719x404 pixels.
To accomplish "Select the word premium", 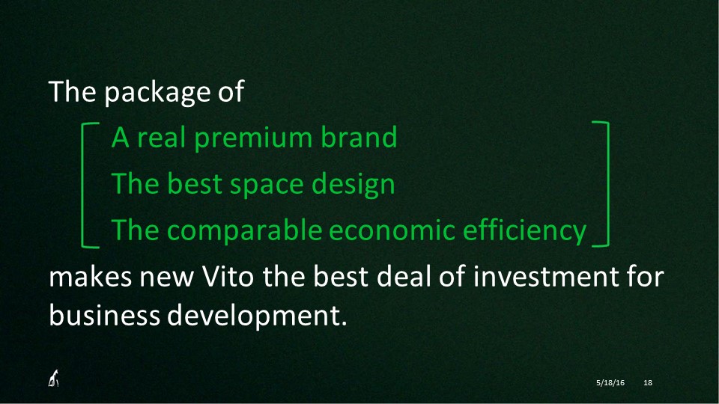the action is tap(254, 138).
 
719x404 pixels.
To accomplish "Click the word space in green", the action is tap(267, 186).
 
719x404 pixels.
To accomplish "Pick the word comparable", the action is tap(244, 231).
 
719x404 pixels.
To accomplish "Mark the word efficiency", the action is tap(524, 231).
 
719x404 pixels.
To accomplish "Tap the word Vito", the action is tap(228, 276).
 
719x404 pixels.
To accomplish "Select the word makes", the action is tap(91, 277).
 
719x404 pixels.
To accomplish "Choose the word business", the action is tap(104, 316).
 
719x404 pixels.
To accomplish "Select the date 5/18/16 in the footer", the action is tap(610, 382).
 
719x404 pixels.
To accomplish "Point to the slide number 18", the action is tap(648, 382).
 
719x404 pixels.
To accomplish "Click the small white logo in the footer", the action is tap(54, 378).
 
